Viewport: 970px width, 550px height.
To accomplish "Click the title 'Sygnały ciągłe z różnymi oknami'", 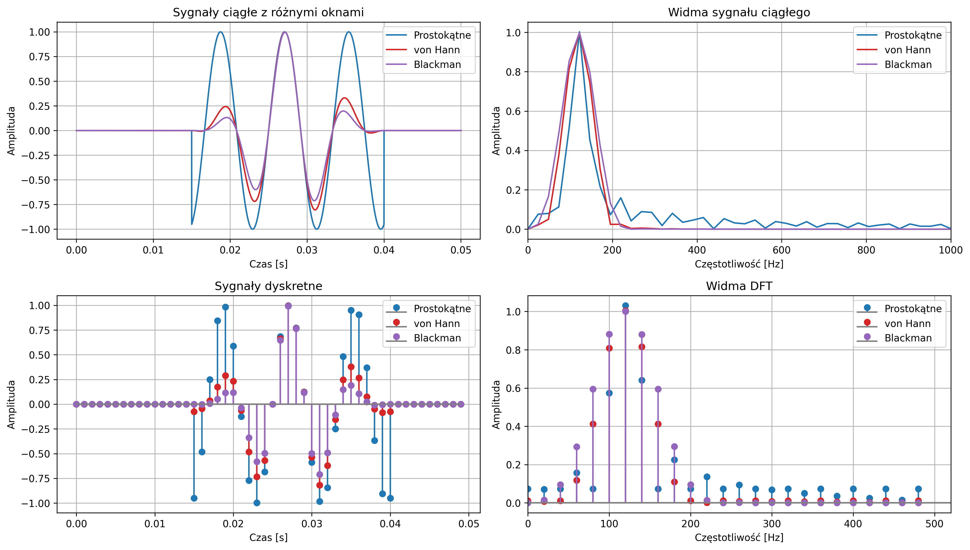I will [268, 13].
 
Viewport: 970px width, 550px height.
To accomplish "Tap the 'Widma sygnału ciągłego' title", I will [739, 13].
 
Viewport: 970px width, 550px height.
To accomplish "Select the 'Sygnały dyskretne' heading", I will [268, 286].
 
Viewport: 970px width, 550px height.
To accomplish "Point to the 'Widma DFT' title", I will [739, 286].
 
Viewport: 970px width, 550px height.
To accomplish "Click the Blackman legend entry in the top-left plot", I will [437, 65].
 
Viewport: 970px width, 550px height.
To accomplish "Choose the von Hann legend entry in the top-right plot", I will [907, 50].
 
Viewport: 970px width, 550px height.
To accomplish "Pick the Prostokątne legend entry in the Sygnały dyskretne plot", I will [442, 309].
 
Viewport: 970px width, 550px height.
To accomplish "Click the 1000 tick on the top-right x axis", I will [951, 250].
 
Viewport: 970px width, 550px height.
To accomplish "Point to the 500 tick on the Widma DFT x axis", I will [934, 523].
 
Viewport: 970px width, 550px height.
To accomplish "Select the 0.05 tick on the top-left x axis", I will [461, 250].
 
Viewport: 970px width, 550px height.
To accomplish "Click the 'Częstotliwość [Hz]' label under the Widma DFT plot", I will [739, 537].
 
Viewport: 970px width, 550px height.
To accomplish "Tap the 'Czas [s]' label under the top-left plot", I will [268, 264].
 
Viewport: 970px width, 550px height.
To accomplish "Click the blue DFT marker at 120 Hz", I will [625, 306].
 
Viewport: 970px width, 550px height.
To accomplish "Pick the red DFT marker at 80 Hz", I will [593, 424].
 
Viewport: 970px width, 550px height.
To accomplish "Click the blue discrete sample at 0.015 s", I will [194, 498].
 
